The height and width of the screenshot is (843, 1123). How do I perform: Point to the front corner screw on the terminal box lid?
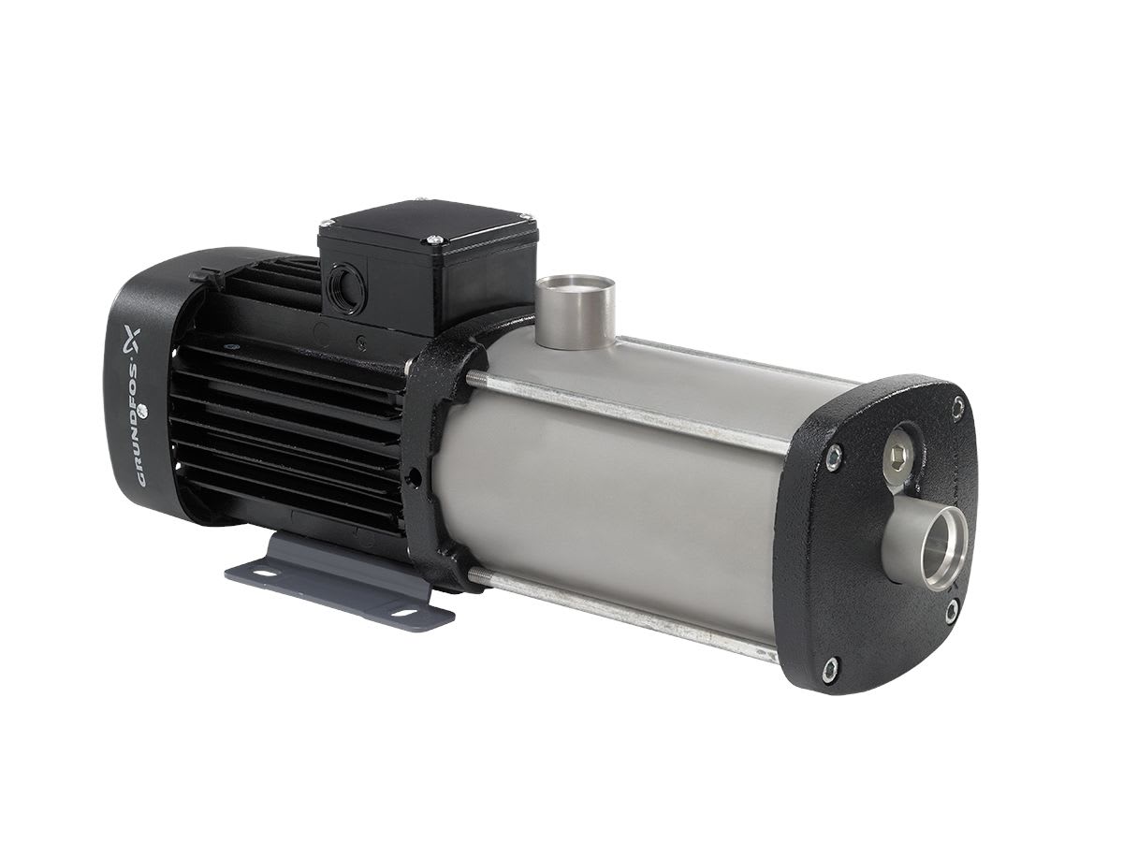tap(434, 241)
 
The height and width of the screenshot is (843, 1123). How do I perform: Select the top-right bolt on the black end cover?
tap(957, 403)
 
